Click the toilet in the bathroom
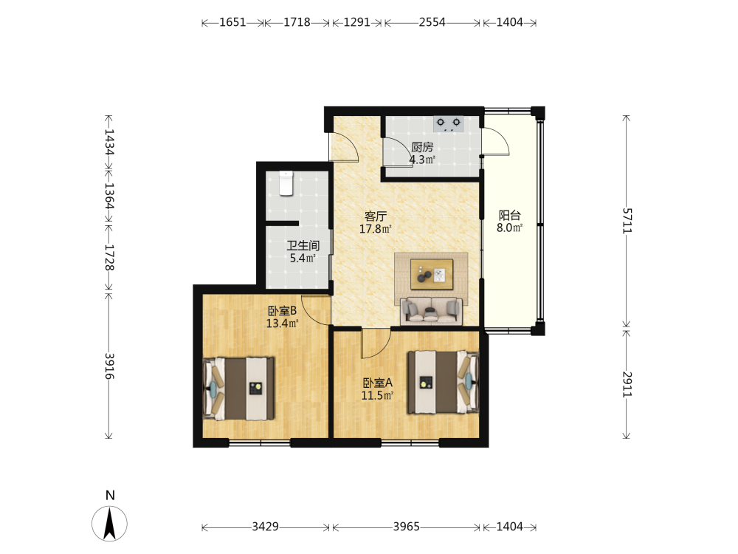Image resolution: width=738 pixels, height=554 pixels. [x=286, y=183]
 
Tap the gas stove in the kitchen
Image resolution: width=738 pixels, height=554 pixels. [x=448, y=123]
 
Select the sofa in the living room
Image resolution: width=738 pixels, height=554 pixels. [x=431, y=311]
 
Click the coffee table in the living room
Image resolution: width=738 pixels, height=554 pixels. [x=432, y=274]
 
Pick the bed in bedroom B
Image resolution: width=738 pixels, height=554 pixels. [x=238, y=389]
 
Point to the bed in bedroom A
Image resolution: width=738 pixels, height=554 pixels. [x=443, y=382]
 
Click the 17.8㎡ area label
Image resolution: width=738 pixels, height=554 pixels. [x=376, y=230]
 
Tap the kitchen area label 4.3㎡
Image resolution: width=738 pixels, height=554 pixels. [x=422, y=160]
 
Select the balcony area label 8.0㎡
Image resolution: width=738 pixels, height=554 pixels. [x=510, y=228]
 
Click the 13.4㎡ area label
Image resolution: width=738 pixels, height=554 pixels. [x=283, y=324]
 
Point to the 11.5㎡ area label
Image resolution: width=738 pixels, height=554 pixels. [x=377, y=396]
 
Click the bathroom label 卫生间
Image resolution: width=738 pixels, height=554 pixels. [x=303, y=245]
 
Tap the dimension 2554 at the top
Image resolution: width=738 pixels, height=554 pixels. [x=432, y=22]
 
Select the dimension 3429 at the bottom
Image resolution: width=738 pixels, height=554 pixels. [x=266, y=526]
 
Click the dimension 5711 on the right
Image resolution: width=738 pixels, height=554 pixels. [x=627, y=220]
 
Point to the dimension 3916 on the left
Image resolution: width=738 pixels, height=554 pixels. [x=109, y=366]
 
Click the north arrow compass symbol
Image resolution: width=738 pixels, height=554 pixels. [x=110, y=524]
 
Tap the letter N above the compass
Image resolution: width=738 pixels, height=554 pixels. [x=110, y=495]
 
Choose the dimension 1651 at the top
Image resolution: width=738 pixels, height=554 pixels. [x=233, y=22]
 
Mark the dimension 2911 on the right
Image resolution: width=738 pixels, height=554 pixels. [x=627, y=384]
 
